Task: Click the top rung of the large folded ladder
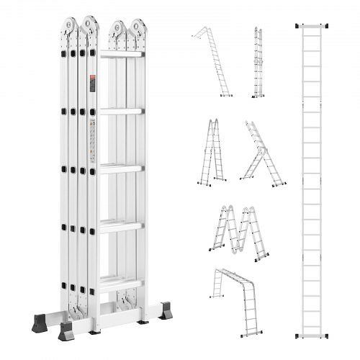(122, 55)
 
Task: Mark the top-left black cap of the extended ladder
(297, 26)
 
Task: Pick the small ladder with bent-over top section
(212, 62)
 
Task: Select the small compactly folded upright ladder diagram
(257, 63)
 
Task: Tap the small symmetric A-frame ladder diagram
(212, 151)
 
